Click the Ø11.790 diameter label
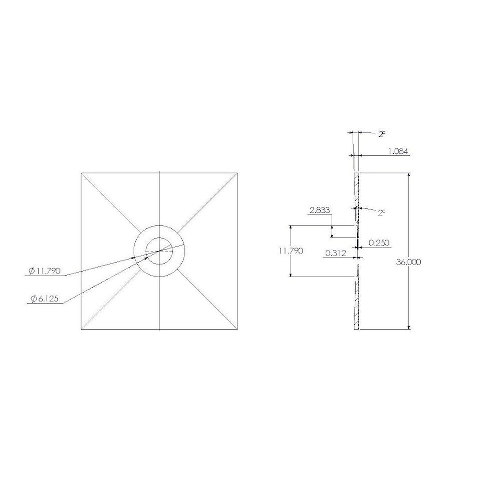click(x=45, y=271)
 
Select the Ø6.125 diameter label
click(x=45, y=299)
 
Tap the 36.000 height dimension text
click(x=409, y=262)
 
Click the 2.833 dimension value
click(x=320, y=210)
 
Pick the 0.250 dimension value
click(x=379, y=242)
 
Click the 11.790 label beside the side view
click(x=291, y=251)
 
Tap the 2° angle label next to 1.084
click(x=382, y=134)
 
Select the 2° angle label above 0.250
click(x=382, y=212)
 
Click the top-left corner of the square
click(x=81, y=173)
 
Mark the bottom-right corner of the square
click(x=238, y=330)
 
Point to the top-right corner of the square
click(x=238, y=173)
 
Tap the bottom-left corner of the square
click(x=81, y=330)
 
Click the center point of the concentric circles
click(x=159, y=250)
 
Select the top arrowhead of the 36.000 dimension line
click(x=410, y=176)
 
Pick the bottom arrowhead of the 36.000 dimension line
click(x=410, y=327)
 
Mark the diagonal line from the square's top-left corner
click(x=110, y=202)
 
